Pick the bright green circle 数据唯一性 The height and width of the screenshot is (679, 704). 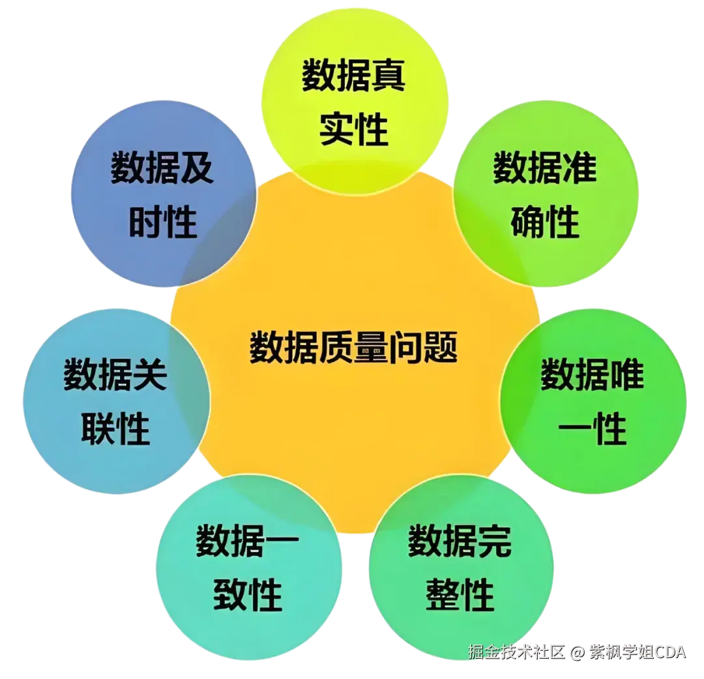[593, 400]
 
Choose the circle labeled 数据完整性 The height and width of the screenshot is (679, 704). [460, 567]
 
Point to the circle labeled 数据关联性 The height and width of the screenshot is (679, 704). [115, 400]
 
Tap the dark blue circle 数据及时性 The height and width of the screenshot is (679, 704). [162, 195]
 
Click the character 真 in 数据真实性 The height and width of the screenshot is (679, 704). [389, 76]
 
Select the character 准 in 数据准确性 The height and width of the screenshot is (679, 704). [579, 168]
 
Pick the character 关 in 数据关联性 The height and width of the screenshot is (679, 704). [150, 375]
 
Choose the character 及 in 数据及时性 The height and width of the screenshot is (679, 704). [196, 168]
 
